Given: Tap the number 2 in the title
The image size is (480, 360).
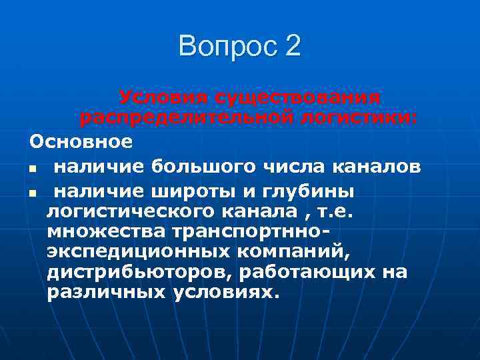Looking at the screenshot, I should point(293,46).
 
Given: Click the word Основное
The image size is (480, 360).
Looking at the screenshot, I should point(81,142).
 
